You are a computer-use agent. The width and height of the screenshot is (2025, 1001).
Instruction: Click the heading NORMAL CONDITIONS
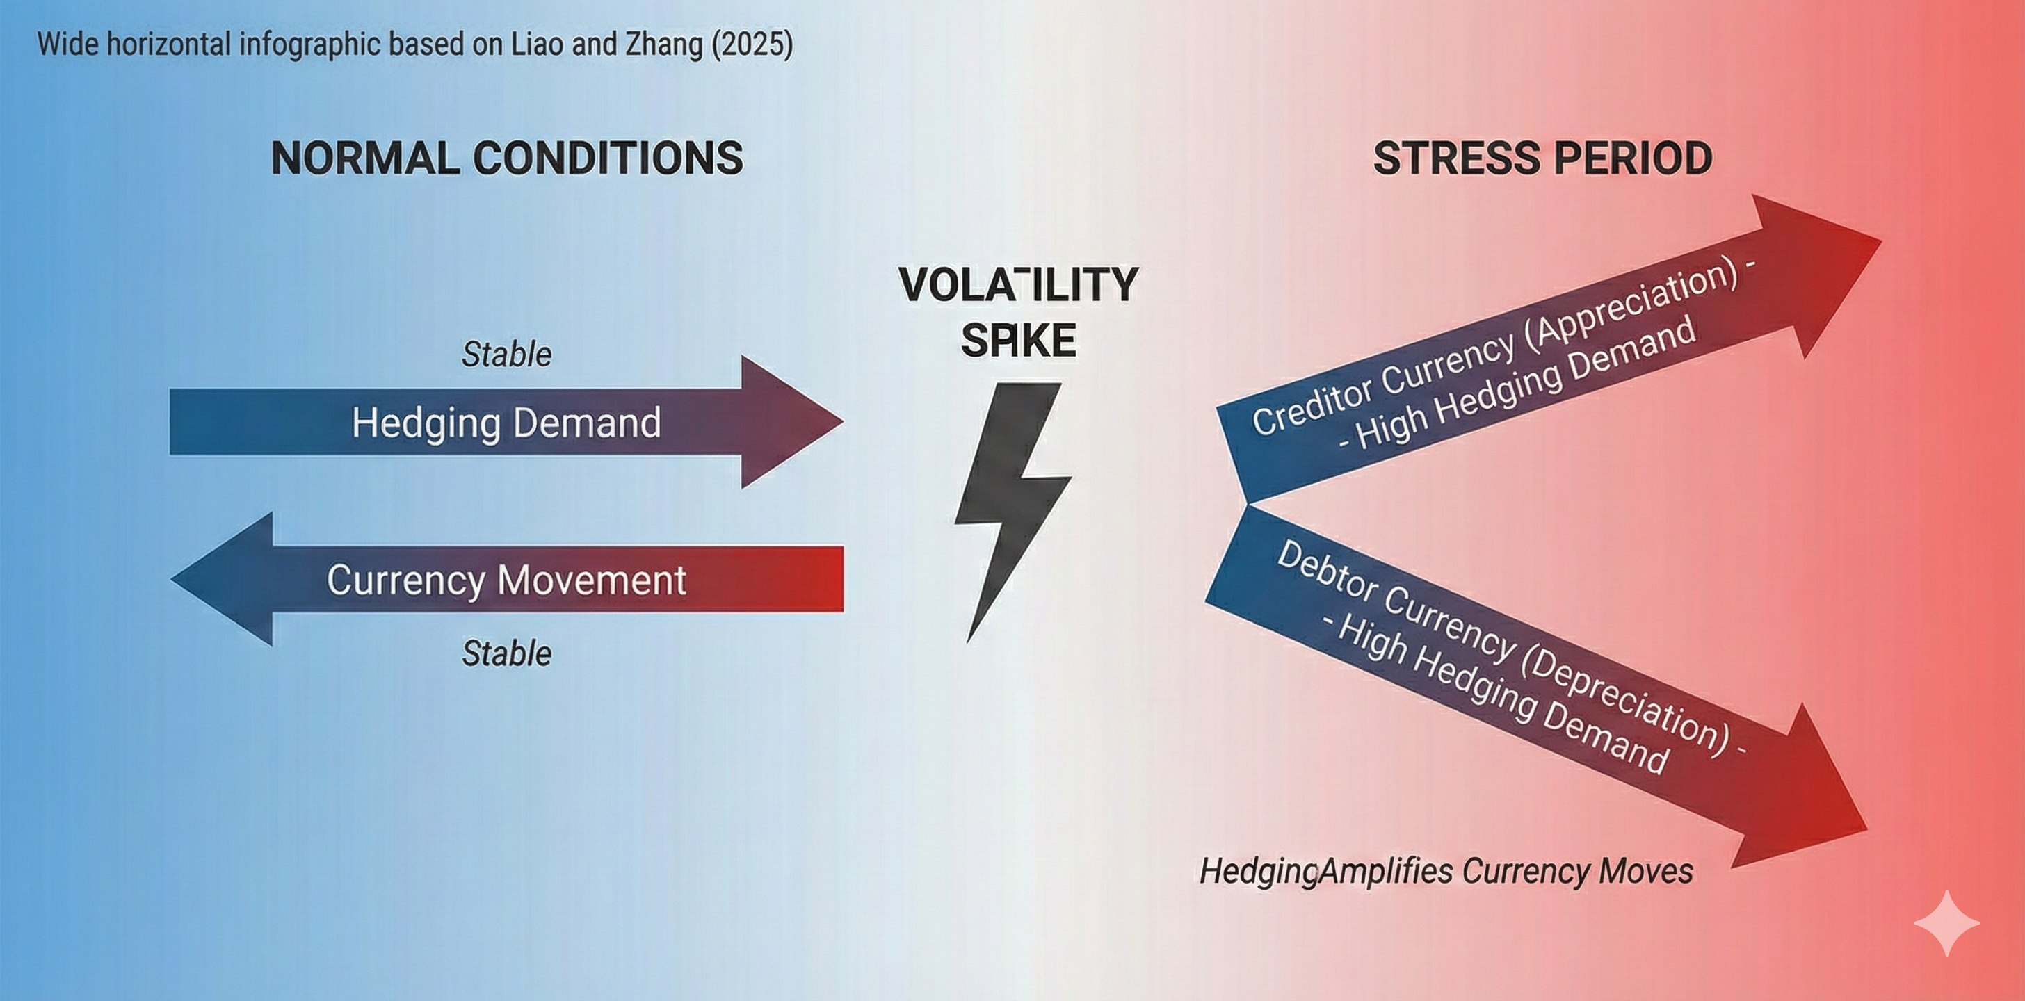pos(507,158)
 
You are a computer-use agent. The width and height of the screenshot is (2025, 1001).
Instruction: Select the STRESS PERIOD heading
pos(1542,158)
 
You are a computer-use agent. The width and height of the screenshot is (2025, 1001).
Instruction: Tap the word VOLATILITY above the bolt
pos(1018,284)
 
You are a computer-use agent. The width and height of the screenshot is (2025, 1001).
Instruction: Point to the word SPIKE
pos(1018,340)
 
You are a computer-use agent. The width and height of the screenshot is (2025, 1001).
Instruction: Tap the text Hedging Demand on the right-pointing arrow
pos(506,423)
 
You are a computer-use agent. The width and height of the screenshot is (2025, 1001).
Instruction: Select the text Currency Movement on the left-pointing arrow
pos(506,580)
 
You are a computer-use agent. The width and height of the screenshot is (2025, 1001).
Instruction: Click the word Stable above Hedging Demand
pos(506,355)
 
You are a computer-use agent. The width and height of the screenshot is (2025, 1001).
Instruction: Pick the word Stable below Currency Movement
pos(506,653)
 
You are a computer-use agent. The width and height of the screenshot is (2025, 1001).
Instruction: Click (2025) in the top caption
pos(752,43)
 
